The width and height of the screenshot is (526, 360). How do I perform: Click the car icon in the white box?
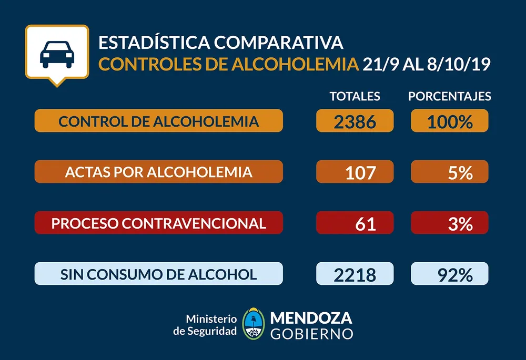pyautogui.click(x=57, y=53)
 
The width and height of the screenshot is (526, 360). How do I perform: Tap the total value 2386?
pyautogui.click(x=355, y=121)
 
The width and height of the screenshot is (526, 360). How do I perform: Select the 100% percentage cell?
pyautogui.click(x=449, y=121)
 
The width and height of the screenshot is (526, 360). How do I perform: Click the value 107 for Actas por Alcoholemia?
pyautogui.click(x=355, y=172)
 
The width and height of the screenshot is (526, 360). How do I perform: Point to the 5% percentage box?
pyautogui.click(x=449, y=172)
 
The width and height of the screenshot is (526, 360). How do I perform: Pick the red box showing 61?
pyautogui.click(x=355, y=223)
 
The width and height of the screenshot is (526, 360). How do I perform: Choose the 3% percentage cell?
pyautogui.click(x=449, y=223)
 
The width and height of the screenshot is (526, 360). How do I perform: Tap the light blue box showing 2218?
pyautogui.click(x=355, y=274)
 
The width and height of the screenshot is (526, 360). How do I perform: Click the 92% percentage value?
pyautogui.click(x=449, y=274)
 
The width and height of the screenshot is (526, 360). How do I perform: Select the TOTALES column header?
pyautogui.click(x=355, y=96)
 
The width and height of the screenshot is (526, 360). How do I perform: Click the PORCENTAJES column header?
pyautogui.click(x=450, y=96)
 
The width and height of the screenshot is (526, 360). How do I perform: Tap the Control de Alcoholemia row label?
pyautogui.click(x=158, y=121)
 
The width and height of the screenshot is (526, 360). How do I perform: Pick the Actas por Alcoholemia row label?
pyautogui.click(x=158, y=172)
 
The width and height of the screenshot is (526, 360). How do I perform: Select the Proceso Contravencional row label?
pyautogui.click(x=158, y=223)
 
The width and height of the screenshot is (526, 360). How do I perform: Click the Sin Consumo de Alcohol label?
pyautogui.click(x=158, y=274)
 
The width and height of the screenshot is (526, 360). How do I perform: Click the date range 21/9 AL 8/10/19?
pyautogui.click(x=427, y=64)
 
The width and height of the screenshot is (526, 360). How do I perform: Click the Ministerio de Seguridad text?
pyautogui.click(x=205, y=325)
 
